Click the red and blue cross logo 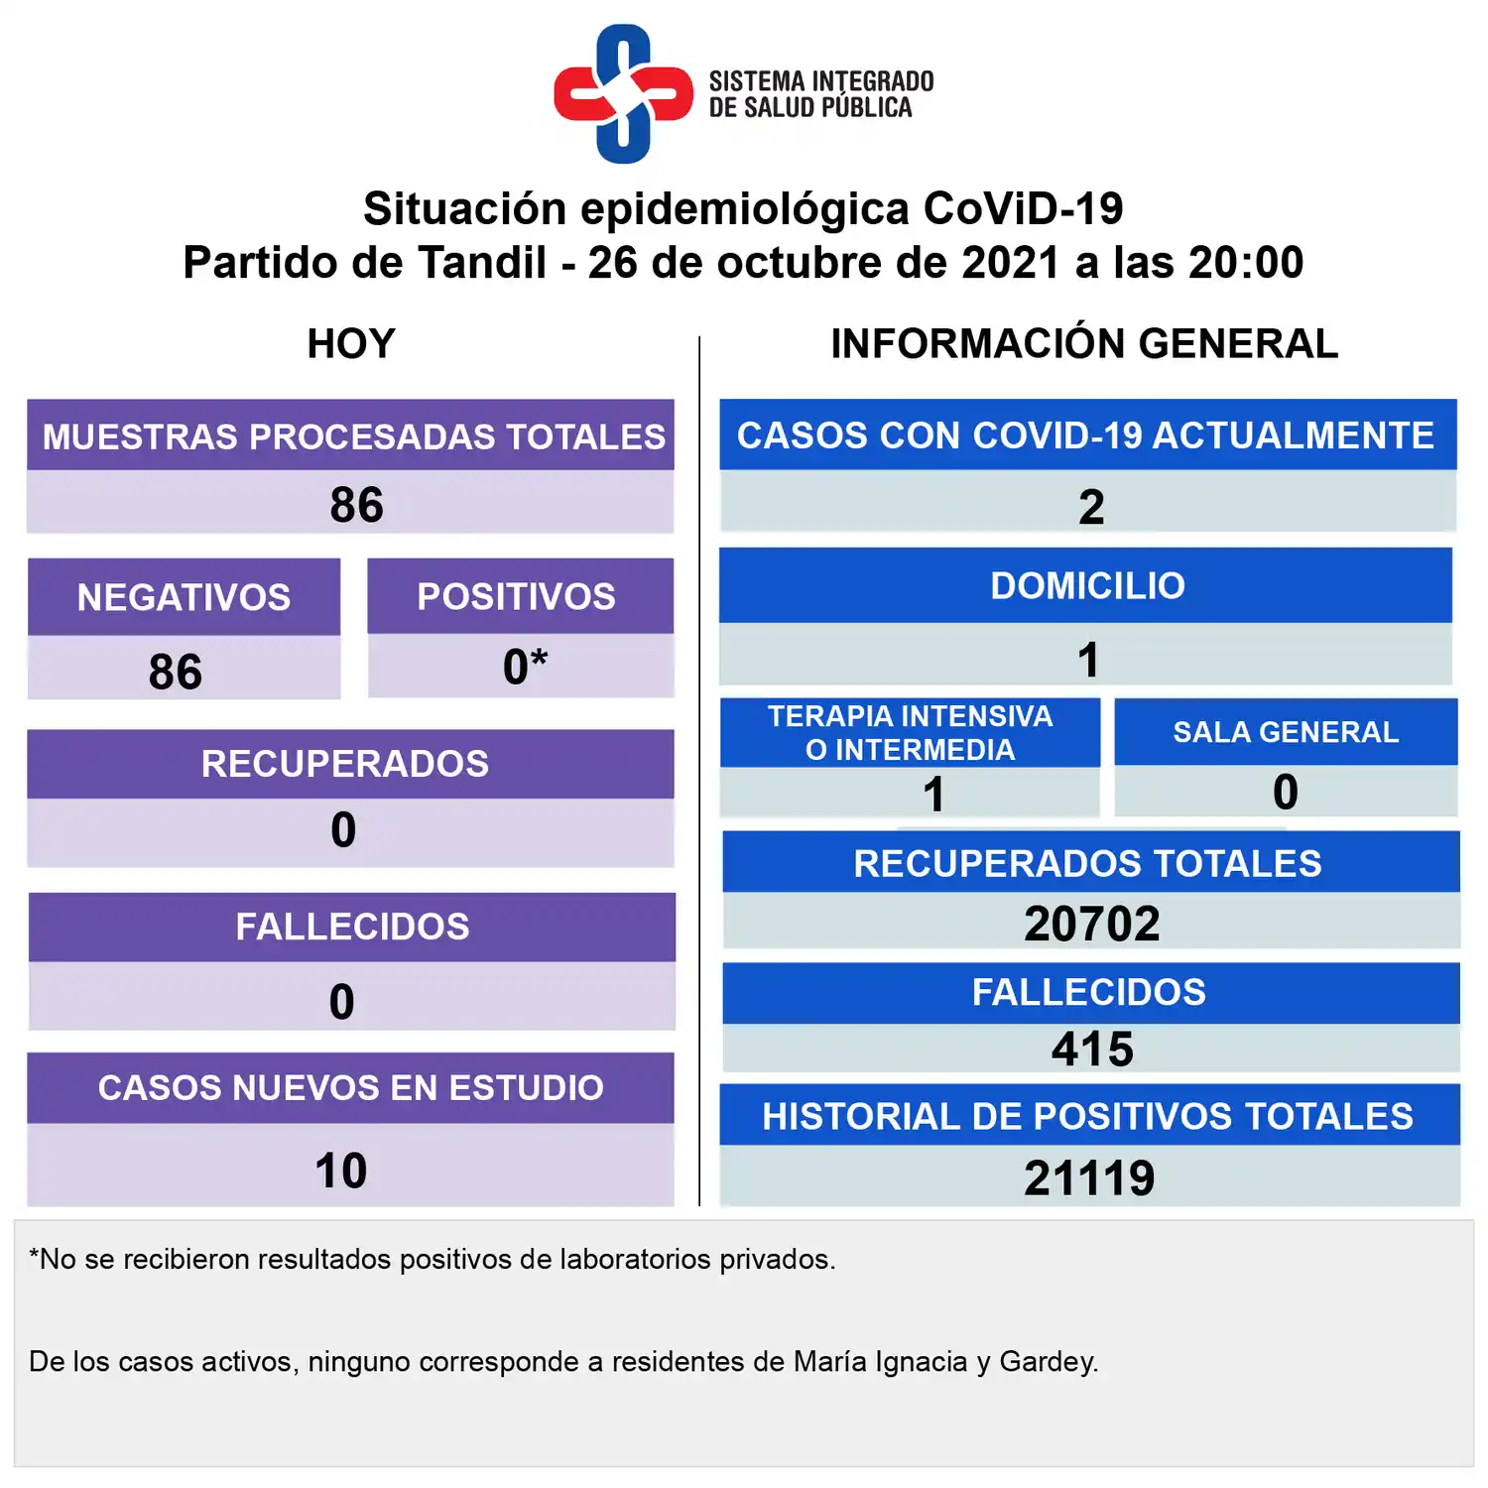tap(623, 94)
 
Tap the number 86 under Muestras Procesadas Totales tap(356, 505)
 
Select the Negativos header tap(185, 597)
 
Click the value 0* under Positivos tap(524, 667)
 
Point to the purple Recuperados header tap(345, 764)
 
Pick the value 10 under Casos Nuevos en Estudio tap(341, 1171)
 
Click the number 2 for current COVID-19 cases tap(1090, 507)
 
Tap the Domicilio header tap(1087, 585)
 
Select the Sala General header tap(1286, 732)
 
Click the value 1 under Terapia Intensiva tap(933, 794)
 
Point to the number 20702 tap(1091, 924)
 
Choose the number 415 tap(1092, 1050)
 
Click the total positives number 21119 tap(1089, 1178)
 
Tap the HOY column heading tap(351, 344)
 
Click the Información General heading tap(1084, 344)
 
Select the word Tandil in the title tap(481, 263)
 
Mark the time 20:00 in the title tap(1246, 263)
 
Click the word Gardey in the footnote tap(1048, 1362)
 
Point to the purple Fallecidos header tap(352, 927)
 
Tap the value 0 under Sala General tap(1286, 792)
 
